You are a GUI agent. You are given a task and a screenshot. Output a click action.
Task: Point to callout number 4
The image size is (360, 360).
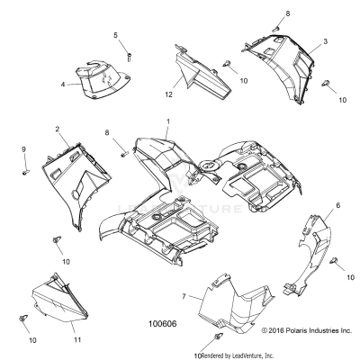(x=63, y=85)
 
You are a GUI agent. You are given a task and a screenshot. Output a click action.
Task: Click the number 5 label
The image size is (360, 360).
(x=115, y=35)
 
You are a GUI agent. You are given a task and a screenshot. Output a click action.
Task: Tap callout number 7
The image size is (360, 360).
(x=184, y=296)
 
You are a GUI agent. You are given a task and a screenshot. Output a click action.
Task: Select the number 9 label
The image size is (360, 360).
(x=23, y=148)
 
